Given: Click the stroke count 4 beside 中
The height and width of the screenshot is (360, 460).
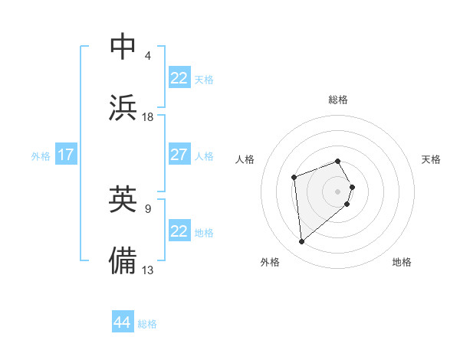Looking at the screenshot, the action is coord(148,55).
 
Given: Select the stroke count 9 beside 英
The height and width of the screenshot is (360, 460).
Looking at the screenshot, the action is coord(148,207).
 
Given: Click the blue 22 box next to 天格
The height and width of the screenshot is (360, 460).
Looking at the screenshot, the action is coord(179,78).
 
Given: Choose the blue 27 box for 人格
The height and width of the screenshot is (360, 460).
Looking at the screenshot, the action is coord(179,155).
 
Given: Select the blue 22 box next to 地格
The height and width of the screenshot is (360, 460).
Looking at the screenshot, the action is coord(179,231).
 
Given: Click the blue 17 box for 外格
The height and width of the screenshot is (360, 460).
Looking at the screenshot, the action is coord(66,155).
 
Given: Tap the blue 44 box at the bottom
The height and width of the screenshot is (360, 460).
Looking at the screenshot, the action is coord(123,322).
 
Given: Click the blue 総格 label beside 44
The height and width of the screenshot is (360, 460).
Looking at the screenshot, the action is coord(147,324).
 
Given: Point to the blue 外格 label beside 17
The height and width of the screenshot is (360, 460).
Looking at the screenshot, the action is coord(41,156).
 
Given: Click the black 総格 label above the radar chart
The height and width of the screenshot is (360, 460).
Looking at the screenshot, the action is coord(338,100).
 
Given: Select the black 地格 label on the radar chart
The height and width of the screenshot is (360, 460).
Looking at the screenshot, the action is coord(402,262).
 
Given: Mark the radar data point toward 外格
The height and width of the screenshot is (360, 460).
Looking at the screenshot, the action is coord(302,242).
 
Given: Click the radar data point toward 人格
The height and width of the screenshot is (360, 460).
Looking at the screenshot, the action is coord(294,178).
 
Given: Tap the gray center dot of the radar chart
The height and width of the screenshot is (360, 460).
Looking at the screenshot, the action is coord(338,190).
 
